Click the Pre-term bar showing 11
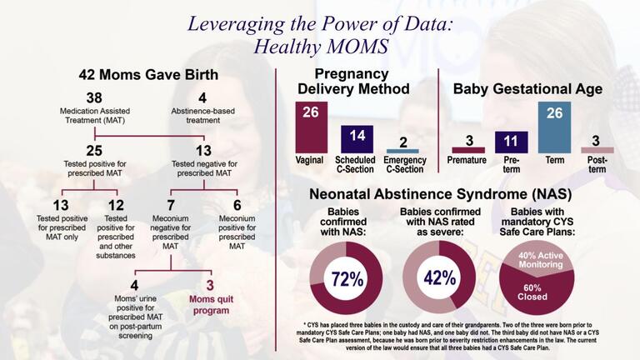(x=512, y=142)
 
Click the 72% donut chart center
(x=346, y=278)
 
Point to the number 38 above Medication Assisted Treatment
(x=94, y=97)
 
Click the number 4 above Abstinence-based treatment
(x=202, y=97)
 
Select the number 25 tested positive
(x=94, y=149)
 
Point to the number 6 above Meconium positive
(x=236, y=205)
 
